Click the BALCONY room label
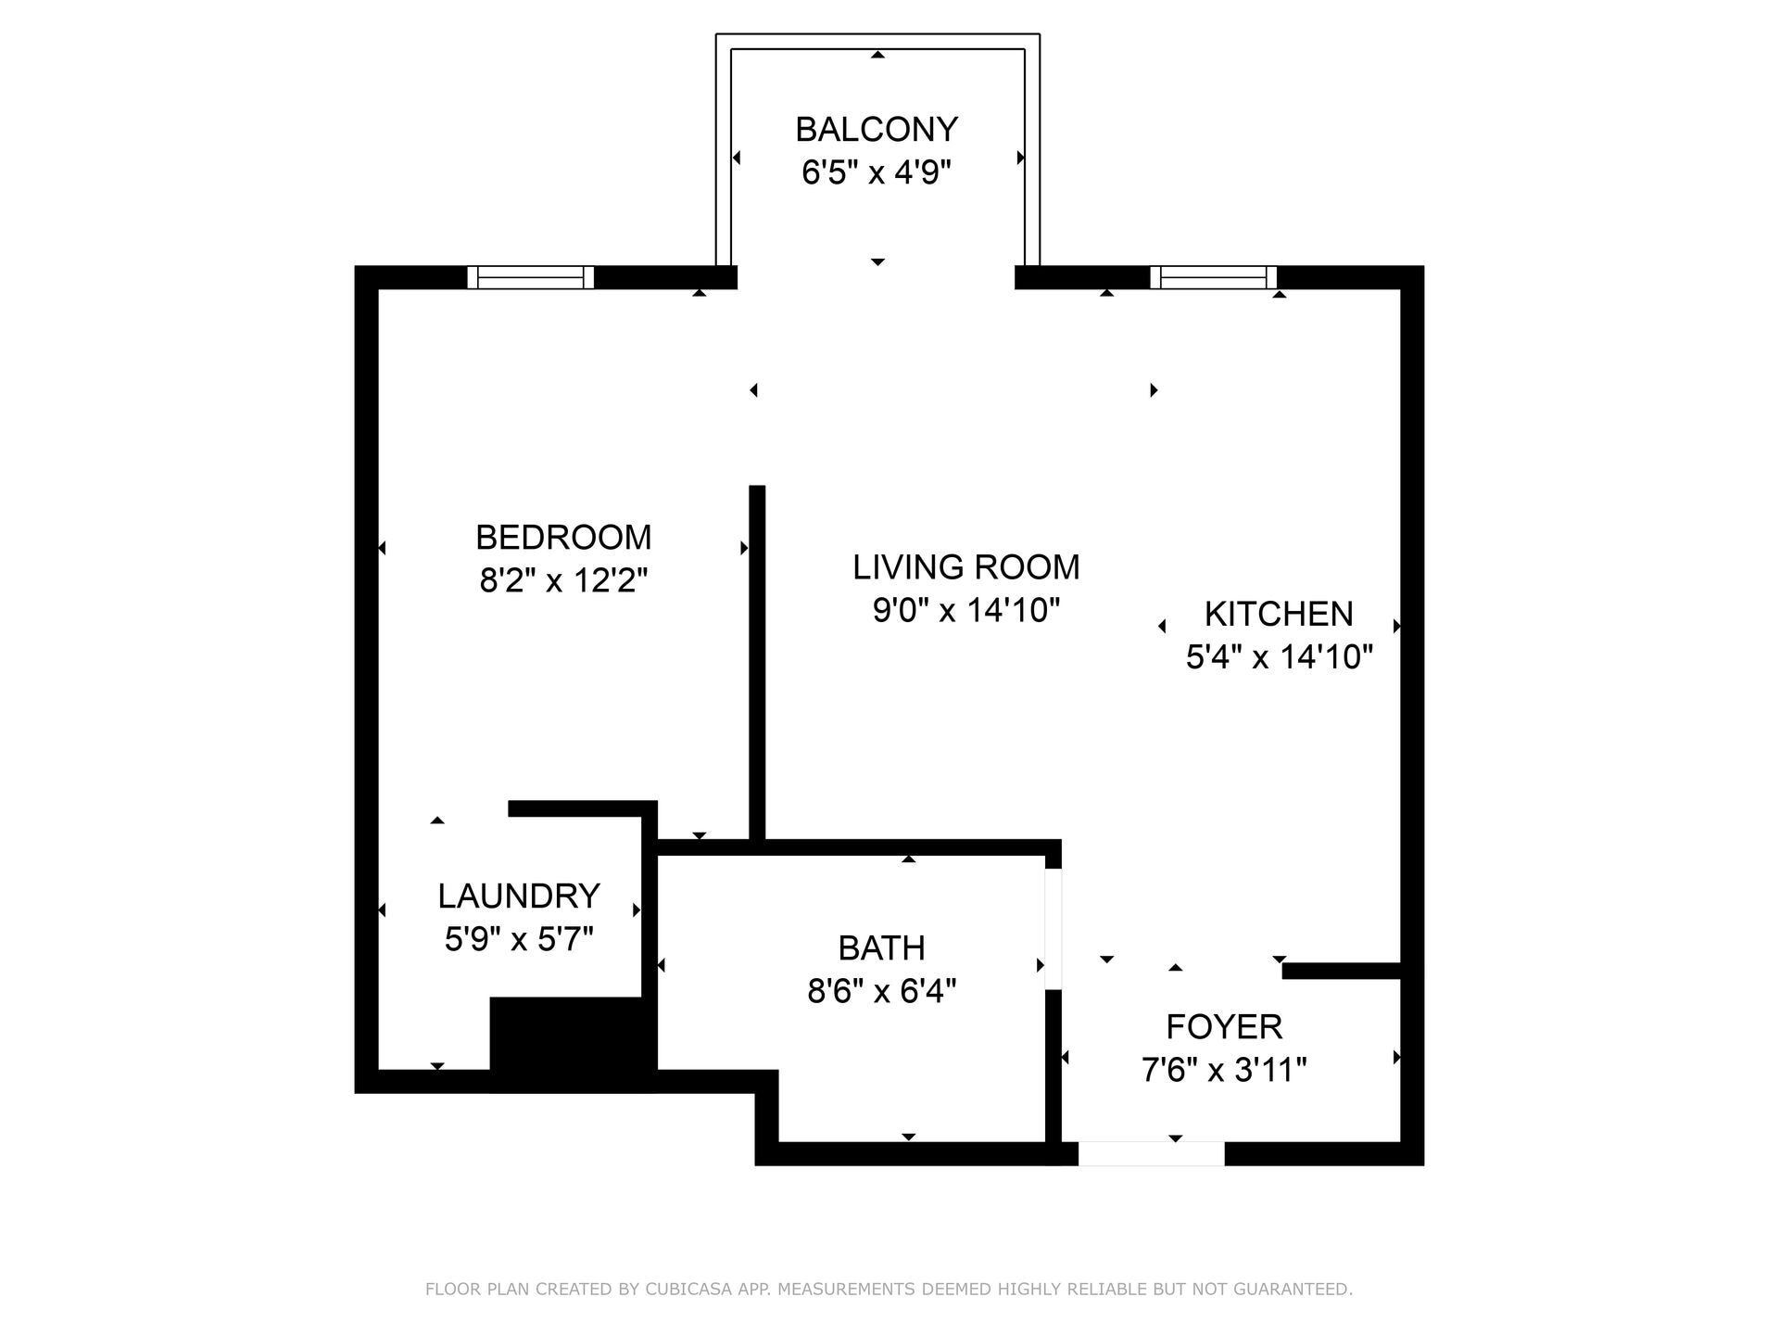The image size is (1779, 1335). click(x=876, y=130)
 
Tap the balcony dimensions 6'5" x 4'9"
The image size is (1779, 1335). click(x=876, y=172)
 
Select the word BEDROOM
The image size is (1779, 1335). click(x=563, y=538)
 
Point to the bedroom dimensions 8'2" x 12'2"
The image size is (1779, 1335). click(x=563, y=581)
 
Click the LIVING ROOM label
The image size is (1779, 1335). click(x=966, y=567)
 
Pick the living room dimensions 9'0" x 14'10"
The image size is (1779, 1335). click(x=966, y=611)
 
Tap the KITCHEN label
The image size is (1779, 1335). click(x=1279, y=615)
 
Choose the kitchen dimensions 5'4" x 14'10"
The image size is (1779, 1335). click(x=1279, y=657)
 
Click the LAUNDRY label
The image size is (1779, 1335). click(x=519, y=896)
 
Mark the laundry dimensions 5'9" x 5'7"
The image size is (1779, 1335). click(x=519, y=940)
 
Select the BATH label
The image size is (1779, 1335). click(x=881, y=948)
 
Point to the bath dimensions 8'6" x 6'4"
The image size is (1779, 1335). click(x=881, y=992)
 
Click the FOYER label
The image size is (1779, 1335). click(x=1224, y=1027)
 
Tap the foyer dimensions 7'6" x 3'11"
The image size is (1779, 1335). click(x=1224, y=1071)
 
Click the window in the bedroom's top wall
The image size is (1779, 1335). click(x=530, y=277)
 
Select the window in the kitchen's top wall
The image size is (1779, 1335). click(x=1213, y=277)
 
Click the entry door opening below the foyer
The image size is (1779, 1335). click(x=1151, y=1153)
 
